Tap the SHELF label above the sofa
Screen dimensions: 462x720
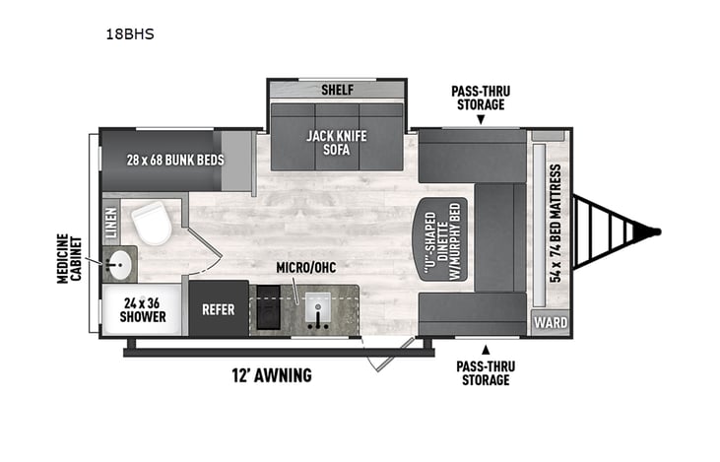tap(337, 91)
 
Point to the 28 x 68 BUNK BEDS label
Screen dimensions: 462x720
tap(175, 160)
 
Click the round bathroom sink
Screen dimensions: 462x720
tap(120, 265)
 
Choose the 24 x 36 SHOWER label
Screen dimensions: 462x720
tap(144, 310)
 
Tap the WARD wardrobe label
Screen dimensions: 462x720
tap(549, 322)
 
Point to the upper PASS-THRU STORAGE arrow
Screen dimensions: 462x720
tap(481, 120)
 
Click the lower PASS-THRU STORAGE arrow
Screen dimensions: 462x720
tap(485, 349)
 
